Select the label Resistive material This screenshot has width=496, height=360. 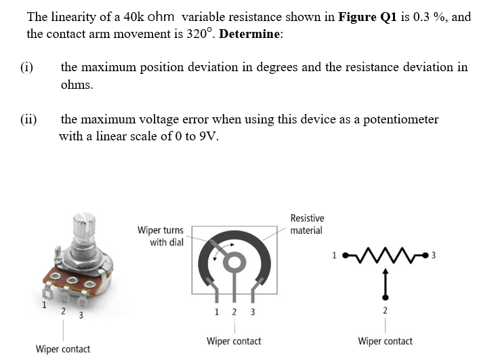[306, 224]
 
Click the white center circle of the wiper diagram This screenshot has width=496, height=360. [234, 261]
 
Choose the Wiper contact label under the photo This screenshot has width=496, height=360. [62, 349]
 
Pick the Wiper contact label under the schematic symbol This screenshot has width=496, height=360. [384, 341]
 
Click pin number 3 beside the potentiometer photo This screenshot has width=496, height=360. [80, 315]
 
